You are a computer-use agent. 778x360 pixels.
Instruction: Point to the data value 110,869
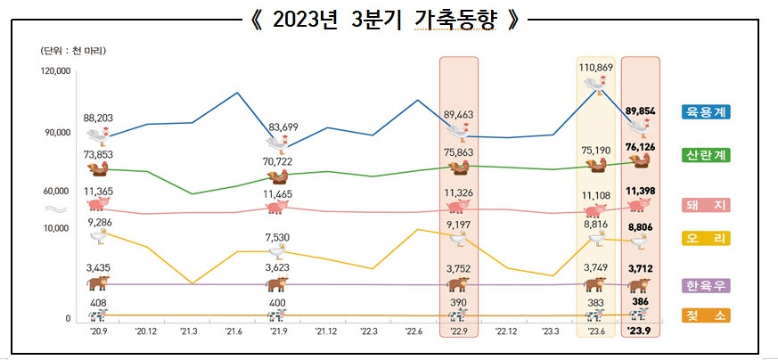click(596, 68)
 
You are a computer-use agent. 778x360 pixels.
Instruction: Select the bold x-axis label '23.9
click(639, 331)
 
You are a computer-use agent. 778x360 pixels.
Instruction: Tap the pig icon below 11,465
click(277, 207)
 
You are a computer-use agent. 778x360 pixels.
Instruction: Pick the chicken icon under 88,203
click(98, 136)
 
